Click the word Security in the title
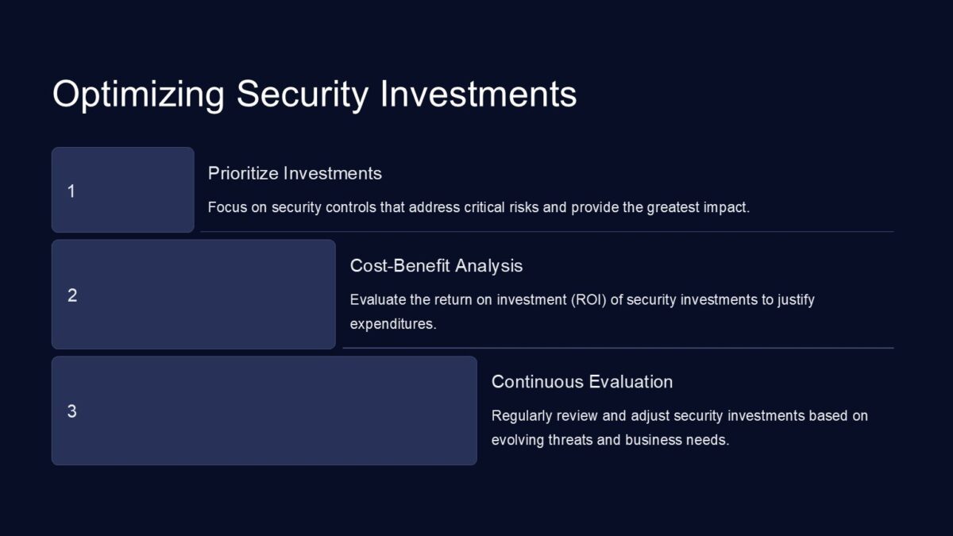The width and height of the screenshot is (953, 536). (x=303, y=94)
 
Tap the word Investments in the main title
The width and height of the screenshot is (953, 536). (x=478, y=94)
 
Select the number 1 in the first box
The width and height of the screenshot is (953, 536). (x=71, y=191)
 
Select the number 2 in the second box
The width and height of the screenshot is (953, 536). (x=72, y=295)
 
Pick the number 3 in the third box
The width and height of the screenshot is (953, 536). (x=71, y=411)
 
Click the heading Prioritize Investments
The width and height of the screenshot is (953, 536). (x=295, y=173)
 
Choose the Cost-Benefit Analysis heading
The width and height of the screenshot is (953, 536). (x=436, y=266)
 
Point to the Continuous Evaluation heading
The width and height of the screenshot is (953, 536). (x=581, y=382)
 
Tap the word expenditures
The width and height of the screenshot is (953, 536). (x=392, y=324)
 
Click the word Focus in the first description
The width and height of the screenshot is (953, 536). (x=226, y=208)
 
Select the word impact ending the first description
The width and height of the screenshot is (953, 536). (x=729, y=208)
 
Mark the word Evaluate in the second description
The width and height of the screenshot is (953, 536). (x=376, y=300)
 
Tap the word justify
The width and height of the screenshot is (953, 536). (x=794, y=300)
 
